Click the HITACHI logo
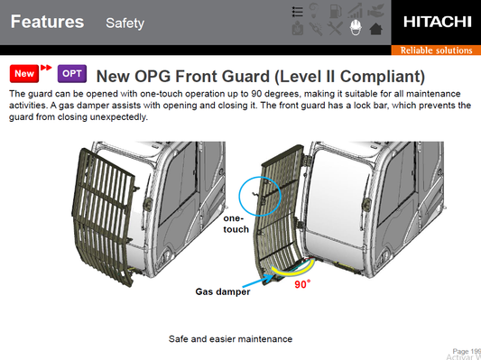[x=437, y=22]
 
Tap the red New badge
[x=24, y=74]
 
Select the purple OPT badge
[x=72, y=74]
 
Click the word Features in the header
[x=47, y=22]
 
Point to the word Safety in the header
[x=125, y=23]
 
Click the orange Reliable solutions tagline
[x=436, y=51]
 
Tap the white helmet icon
[x=356, y=28]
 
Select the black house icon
[x=375, y=29]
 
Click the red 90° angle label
[x=302, y=284]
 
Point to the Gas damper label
[x=223, y=291]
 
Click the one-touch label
[x=236, y=224]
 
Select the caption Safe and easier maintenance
[x=230, y=339]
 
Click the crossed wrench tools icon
[x=335, y=29]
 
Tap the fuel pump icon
[x=335, y=11]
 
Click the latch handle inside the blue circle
[x=254, y=194]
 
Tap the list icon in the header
[x=297, y=12]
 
